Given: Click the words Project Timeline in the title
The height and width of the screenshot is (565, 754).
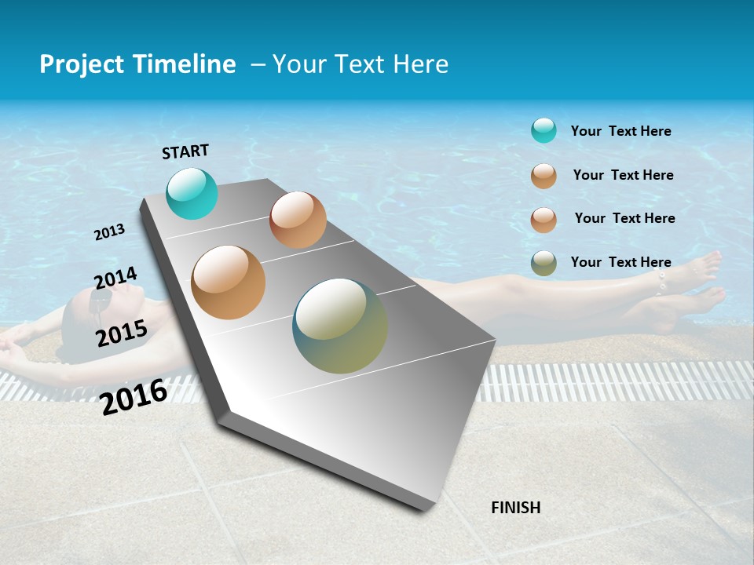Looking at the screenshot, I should coord(137,64).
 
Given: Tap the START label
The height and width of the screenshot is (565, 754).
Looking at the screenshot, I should coord(185,151).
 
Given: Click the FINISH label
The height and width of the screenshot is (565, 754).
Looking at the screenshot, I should coord(515,508).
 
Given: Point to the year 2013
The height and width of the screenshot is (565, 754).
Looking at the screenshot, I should coord(109,232).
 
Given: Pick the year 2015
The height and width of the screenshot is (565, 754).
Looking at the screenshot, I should coord(122,334).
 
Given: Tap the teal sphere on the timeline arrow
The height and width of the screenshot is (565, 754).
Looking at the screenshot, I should coord(192,194).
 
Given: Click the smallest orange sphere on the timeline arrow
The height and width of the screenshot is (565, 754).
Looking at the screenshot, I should coord(298,220).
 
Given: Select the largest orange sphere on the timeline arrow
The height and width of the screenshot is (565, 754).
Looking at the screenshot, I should coord(229,282).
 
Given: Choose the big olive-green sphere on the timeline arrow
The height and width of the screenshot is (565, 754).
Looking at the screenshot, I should coord(340,326).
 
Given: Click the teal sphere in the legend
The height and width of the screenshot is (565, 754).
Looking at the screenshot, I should coord(544,130).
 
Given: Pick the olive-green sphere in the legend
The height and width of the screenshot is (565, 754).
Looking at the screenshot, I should coord(544,263).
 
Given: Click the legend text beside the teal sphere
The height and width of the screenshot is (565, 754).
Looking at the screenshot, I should coord(620,131).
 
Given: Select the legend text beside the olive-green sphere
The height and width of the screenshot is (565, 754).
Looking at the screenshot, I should coord(620,262).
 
